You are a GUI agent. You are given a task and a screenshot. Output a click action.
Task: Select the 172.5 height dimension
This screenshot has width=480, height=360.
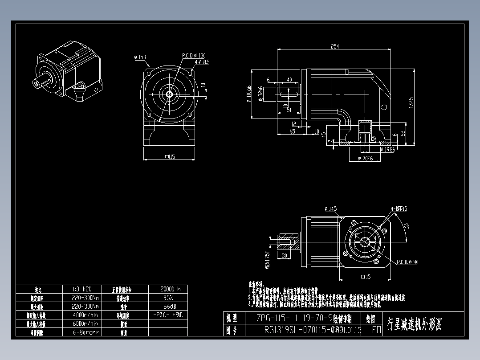tap(411, 103)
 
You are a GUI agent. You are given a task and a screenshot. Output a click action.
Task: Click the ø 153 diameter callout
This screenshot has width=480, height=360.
tap(140, 57)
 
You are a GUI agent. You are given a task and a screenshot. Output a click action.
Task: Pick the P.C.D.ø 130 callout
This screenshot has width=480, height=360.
tap(194, 56)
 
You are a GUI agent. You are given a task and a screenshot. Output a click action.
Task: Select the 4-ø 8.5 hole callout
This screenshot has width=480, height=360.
tap(201, 62)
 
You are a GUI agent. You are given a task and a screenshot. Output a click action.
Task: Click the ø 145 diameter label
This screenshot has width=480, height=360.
tap(331, 209)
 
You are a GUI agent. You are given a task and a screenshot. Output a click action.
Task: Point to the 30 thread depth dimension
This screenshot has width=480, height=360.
tap(284, 256)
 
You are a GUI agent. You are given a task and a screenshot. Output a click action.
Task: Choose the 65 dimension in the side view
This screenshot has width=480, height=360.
tap(292, 131)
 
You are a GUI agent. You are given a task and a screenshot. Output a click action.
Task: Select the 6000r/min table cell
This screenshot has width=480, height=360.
tap(85, 323)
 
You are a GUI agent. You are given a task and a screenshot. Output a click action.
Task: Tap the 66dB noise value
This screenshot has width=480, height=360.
tap(168, 307)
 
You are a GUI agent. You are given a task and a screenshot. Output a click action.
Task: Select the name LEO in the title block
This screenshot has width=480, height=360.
tap(374, 330)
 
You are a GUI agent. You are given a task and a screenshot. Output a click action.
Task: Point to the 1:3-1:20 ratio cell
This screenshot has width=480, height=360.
tap(85, 289)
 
